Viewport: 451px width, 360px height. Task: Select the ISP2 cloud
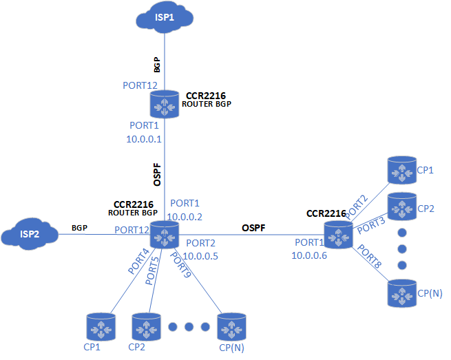pos(28,235)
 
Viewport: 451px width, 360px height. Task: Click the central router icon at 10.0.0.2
pos(165,235)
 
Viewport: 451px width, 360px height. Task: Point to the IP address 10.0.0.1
pos(143,138)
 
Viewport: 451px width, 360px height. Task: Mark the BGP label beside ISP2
pos(79,228)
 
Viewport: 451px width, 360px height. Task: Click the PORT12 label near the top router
pos(140,85)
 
